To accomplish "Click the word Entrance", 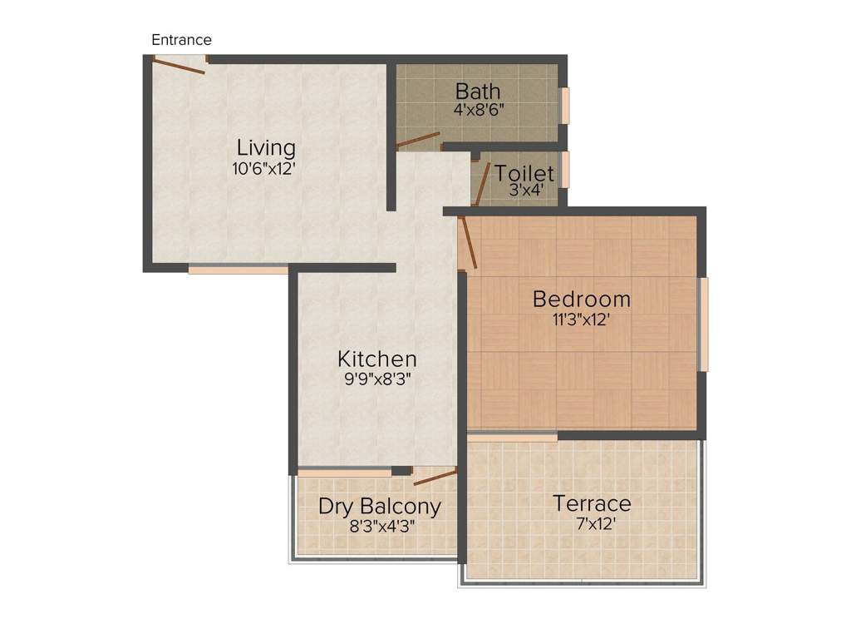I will (181, 40).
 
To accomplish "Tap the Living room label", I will (266, 148).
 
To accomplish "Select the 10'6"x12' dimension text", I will (264, 168).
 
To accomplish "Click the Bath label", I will (478, 90).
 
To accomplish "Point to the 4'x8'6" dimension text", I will (478, 108).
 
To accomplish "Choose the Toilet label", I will (524, 174).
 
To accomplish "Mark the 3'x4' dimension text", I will (524, 190).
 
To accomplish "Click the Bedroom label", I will (582, 299).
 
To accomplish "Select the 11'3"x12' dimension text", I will (582, 319).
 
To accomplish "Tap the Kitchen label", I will (376, 359).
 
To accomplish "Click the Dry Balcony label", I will (380, 507).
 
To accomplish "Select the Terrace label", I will (592, 503).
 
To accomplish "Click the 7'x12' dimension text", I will (592, 523).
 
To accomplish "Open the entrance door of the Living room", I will (180, 65).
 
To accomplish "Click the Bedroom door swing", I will (467, 242).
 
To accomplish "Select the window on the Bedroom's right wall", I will (704, 324).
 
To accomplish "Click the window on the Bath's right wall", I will (565, 106).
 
